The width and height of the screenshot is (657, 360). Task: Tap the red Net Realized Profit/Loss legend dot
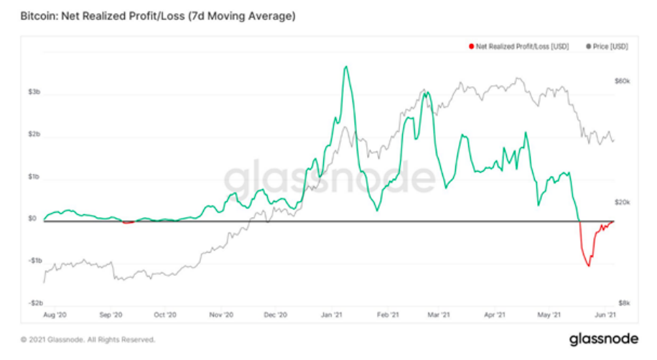tap(471, 47)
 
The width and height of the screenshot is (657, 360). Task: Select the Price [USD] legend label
tap(611, 47)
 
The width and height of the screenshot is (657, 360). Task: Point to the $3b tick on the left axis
tap(34, 93)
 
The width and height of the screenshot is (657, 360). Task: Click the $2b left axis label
tap(34, 135)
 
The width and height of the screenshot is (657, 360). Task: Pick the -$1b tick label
tap(33, 261)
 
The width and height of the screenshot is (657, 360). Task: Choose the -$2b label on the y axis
tap(33, 303)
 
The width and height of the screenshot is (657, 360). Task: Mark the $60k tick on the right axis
tap(622, 81)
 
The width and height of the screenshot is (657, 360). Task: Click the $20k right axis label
tap(622, 203)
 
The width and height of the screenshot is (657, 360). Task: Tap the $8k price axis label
tap(623, 303)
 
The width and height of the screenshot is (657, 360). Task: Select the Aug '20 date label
tap(55, 315)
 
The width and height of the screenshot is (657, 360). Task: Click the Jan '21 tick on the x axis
tap(331, 315)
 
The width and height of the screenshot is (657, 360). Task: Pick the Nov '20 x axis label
tap(221, 315)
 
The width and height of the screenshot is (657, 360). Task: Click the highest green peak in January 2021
tap(346, 67)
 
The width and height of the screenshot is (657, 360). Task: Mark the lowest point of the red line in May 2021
tap(589, 266)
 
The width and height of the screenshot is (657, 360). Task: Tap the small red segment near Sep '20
tap(128, 222)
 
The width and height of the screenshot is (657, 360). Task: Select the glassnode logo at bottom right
tap(600, 338)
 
